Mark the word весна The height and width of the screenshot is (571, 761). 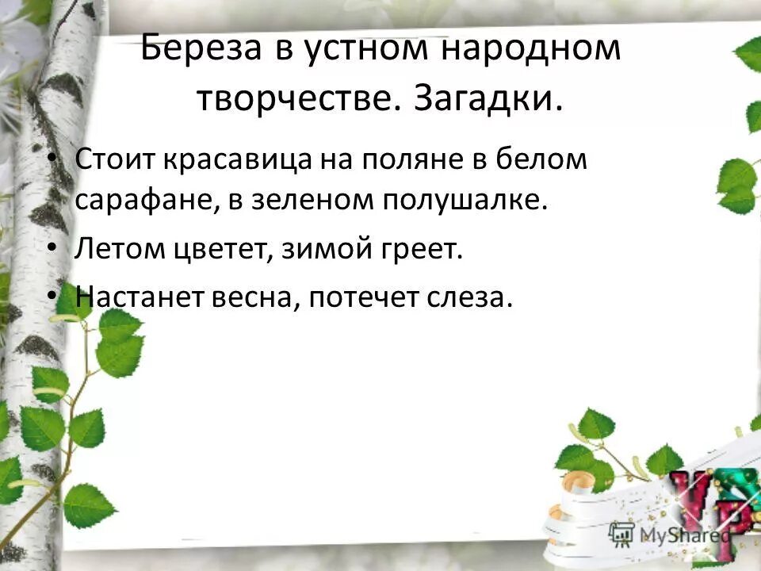(x=254, y=297)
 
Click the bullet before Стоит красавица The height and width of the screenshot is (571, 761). (x=52, y=159)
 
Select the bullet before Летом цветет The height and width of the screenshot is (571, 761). (x=52, y=247)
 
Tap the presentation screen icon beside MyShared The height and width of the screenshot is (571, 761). (x=622, y=533)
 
